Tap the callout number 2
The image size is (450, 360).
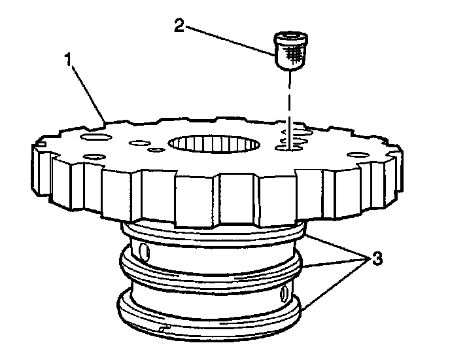[179, 26]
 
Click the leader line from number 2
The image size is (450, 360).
[229, 38]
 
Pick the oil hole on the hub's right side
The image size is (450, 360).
[285, 293]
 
